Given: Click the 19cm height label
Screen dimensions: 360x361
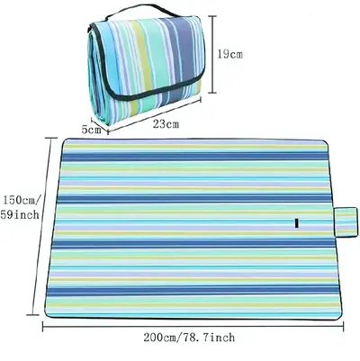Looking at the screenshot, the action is (x=229, y=54).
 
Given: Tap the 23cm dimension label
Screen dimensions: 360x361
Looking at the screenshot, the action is (x=166, y=123).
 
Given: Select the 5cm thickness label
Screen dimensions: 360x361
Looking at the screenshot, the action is (x=92, y=130).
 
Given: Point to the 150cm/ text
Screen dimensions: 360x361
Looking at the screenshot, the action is (x=22, y=199).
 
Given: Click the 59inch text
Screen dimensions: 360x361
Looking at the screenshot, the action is (x=20, y=214).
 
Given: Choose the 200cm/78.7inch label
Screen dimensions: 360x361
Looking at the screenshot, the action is (x=189, y=338).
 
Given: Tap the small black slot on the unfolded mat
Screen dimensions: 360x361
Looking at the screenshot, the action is (x=296, y=223).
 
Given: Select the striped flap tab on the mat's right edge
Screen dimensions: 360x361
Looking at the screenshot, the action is (x=345, y=221).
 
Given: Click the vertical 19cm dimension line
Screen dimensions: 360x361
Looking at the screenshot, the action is (x=212, y=54).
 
